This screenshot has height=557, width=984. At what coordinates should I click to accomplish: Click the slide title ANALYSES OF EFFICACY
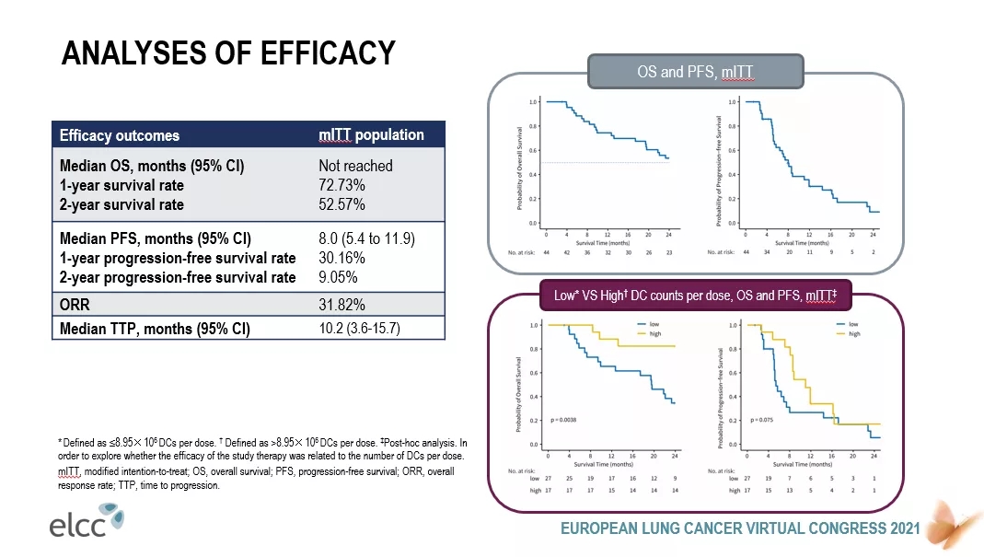pyautogui.click(x=228, y=52)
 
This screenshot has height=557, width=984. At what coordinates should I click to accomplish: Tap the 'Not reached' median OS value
pyautogui.click(x=355, y=166)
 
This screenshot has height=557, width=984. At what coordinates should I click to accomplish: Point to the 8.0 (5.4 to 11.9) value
pyautogui.click(x=366, y=239)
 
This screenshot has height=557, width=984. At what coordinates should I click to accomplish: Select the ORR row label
pyautogui.click(x=75, y=304)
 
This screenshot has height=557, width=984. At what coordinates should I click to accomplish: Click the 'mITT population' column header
pyautogui.click(x=371, y=134)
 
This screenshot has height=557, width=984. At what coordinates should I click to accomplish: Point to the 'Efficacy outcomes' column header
pyautogui.click(x=120, y=135)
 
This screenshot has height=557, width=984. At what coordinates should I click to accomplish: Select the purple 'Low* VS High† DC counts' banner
pyautogui.click(x=695, y=296)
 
